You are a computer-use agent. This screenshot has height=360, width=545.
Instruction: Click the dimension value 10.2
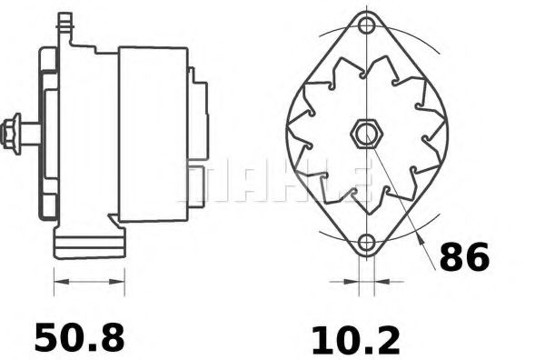355,340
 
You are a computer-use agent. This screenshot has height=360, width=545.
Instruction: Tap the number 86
464,258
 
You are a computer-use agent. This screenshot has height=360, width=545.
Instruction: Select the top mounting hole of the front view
366,25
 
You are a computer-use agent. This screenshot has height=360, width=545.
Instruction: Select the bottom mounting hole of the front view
366,243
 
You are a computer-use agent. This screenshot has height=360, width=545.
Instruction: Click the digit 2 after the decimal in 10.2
385,340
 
